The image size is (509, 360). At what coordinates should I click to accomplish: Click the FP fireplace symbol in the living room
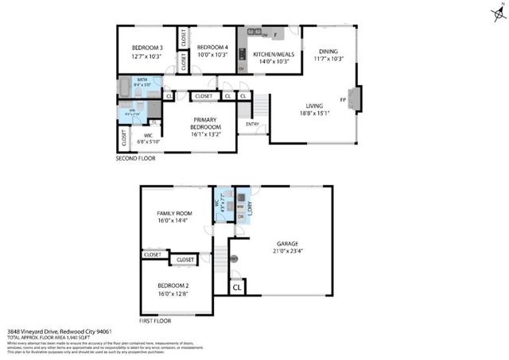coord(344,100)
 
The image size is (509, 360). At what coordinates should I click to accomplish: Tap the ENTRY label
coord(252,124)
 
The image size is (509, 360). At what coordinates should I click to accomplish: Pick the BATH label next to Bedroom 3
coord(142,79)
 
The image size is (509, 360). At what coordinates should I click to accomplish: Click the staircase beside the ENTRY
coord(258,104)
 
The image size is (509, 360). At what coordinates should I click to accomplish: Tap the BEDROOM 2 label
coord(173,288)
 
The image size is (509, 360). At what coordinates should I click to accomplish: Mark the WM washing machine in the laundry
coord(239,206)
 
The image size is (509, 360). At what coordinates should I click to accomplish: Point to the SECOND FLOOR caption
coord(136,158)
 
